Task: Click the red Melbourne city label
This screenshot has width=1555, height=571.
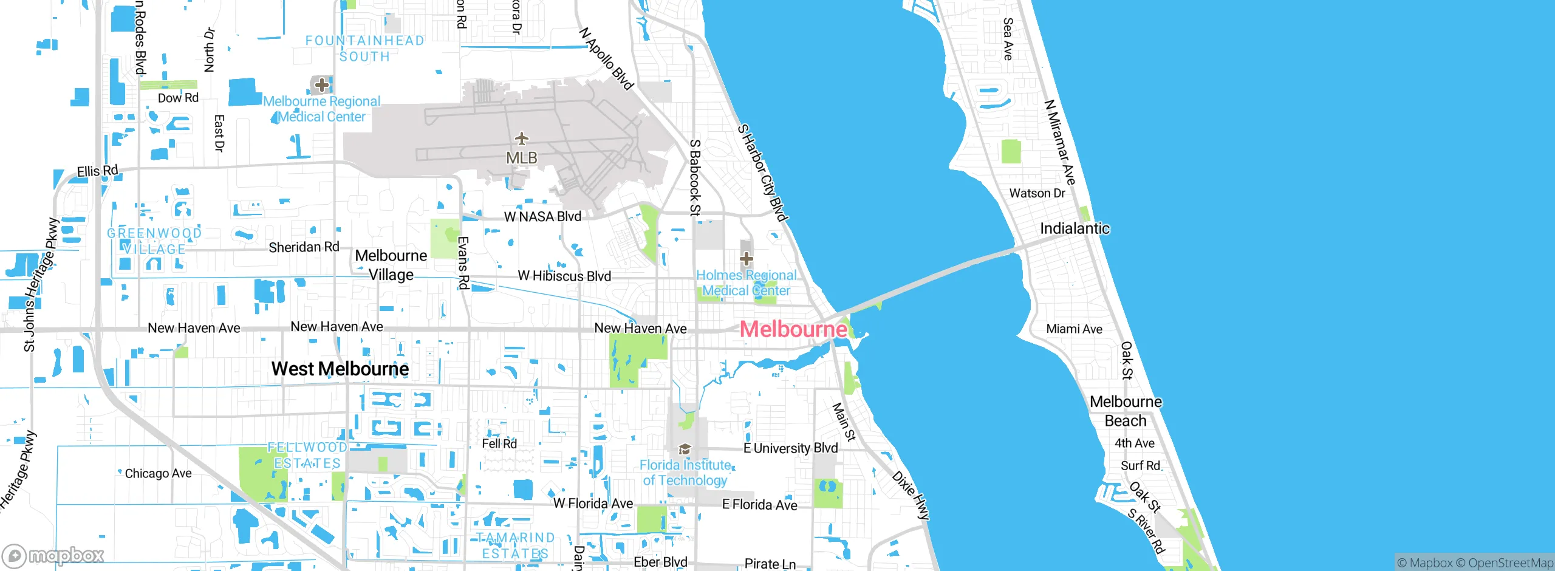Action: click(793, 329)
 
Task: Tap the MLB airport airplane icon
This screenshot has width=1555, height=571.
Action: click(521, 139)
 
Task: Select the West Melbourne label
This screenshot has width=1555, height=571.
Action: click(340, 369)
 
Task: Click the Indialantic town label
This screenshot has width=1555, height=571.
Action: click(1075, 228)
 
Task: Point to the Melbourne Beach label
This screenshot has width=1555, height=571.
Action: click(1126, 411)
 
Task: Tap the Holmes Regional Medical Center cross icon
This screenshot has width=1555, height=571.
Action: click(747, 259)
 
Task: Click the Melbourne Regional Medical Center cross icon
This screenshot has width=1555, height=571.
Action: click(321, 85)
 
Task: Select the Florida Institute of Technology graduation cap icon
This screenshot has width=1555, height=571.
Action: click(685, 450)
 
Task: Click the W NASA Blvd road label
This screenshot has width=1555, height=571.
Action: click(542, 216)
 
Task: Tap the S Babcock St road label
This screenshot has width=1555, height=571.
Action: click(695, 177)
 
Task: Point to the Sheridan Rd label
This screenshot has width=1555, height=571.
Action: click(304, 247)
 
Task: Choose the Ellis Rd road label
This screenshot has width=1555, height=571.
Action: click(97, 171)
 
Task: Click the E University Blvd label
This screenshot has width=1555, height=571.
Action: click(790, 448)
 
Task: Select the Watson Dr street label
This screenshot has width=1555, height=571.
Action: click(1037, 193)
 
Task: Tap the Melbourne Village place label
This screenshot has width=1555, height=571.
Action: click(391, 265)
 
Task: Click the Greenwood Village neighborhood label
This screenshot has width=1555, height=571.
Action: click(154, 241)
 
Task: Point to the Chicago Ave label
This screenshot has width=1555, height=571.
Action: click(158, 473)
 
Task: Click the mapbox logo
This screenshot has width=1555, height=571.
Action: click(53, 556)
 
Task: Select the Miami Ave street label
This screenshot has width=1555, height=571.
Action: click(1074, 329)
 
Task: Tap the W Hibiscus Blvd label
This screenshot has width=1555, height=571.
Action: click(564, 276)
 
